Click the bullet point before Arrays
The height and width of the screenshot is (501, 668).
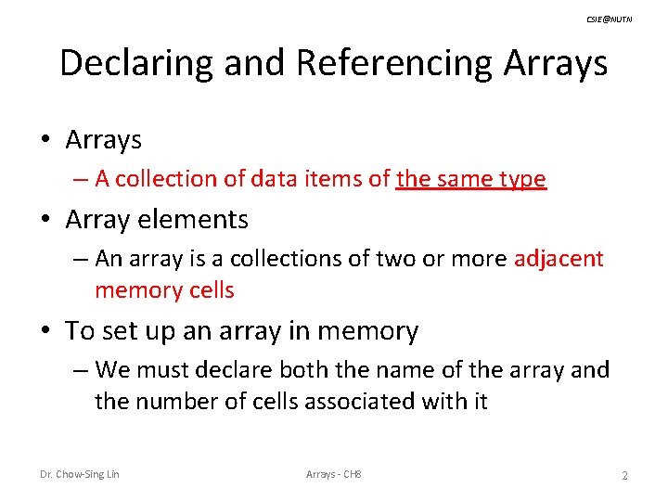[45, 141]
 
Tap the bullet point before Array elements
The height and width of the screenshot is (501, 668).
[45, 220]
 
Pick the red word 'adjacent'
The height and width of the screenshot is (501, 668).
[559, 258]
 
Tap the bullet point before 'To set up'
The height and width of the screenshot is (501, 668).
[45, 331]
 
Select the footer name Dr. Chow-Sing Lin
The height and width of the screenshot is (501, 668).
[79, 475]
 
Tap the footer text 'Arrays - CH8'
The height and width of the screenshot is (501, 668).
[334, 475]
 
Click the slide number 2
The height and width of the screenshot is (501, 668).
[624, 476]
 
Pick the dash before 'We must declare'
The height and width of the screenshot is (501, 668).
[82, 369]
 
